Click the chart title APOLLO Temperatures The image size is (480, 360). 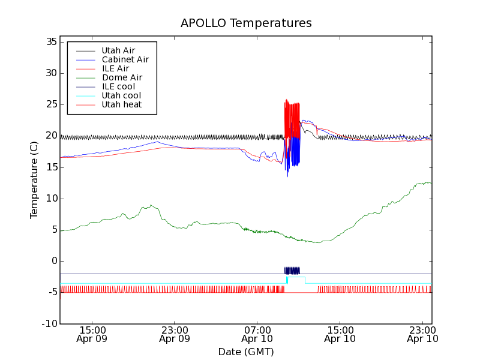coord(246,23)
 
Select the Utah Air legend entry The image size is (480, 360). coord(118,50)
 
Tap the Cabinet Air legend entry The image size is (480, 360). coord(125,59)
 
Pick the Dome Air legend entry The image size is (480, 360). coord(122,77)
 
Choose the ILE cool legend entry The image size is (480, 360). coord(118,86)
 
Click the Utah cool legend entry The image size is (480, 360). coord(121,95)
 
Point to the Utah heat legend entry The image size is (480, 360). coord(122,104)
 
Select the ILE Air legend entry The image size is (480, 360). coord(115,68)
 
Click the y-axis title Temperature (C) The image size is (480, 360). coord(34,179)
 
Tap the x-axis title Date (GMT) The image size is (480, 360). coord(246,352)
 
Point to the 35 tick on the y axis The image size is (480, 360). coord(50,42)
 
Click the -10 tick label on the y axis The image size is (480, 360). coord(48,323)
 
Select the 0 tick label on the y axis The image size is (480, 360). coord(53,261)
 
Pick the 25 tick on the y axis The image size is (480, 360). coord(50,104)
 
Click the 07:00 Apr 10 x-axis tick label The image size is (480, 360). coord(257,334)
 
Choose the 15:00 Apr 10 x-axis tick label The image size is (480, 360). coord(340,334)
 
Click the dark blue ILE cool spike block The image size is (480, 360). coord(292,271)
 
